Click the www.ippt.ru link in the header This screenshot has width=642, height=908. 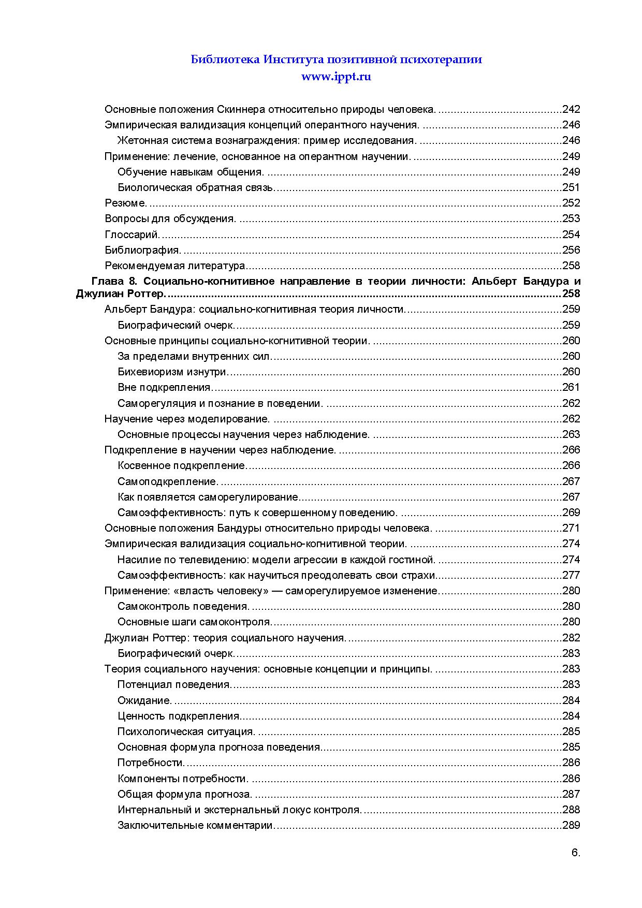point(337,77)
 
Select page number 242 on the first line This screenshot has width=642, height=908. point(571,109)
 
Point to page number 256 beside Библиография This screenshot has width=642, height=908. point(571,250)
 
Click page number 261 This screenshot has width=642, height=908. point(571,387)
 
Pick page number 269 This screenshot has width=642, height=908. point(571,512)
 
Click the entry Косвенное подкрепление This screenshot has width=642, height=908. point(182,465)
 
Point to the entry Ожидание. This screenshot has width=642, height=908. point(144,700)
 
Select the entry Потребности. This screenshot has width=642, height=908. point(151,763)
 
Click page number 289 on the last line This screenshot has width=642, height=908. point(571,825)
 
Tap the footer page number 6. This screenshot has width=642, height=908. point(575,854)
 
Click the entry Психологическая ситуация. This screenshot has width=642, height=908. point(186,731)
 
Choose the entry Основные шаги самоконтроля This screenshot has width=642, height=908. point(195,622)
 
